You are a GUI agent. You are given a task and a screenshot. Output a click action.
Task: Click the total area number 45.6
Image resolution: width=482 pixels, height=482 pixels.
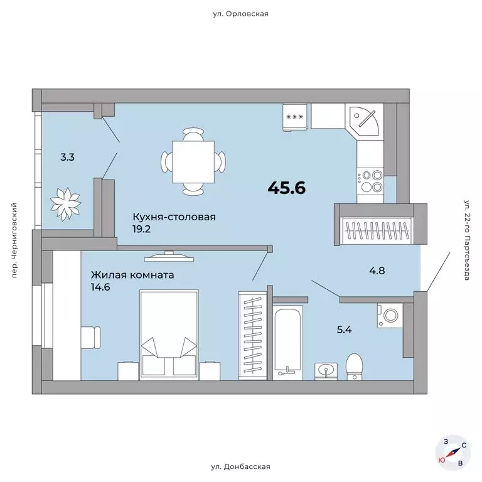287,188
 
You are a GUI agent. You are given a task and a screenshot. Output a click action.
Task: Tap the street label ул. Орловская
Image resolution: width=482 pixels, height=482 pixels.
240,14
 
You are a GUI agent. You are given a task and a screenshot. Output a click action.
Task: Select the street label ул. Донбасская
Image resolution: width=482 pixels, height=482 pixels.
241,467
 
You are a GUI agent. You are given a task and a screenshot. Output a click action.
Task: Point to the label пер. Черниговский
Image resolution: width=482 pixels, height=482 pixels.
14,240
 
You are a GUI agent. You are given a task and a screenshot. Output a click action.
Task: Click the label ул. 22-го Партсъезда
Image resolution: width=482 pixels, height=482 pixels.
467,240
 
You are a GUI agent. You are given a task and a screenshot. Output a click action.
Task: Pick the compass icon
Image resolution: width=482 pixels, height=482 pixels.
453,453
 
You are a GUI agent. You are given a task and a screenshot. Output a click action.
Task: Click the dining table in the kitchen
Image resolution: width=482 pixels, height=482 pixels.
193,162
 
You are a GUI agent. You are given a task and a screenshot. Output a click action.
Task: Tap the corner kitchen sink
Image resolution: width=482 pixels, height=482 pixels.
364,120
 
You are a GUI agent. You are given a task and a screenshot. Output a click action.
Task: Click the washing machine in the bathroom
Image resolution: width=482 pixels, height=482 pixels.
390,316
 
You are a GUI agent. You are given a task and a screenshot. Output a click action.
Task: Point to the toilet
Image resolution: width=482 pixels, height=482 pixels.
354,367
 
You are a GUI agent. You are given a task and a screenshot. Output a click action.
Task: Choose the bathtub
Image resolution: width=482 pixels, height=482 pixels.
287,343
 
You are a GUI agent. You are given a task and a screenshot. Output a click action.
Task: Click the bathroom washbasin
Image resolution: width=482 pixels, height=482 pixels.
326,372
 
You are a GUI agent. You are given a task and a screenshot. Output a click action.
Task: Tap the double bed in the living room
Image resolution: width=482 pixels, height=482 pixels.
169,335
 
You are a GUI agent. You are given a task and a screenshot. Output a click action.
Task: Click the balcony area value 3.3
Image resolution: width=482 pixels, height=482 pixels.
67,158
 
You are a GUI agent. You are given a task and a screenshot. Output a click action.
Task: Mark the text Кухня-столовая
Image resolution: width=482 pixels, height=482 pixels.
174,217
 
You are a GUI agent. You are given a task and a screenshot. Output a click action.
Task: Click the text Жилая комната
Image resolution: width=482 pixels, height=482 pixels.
132,275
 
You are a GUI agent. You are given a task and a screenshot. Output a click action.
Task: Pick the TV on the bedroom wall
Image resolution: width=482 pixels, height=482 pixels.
169,256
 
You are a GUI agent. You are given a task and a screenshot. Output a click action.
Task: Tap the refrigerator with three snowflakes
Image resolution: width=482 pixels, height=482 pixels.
295,117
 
